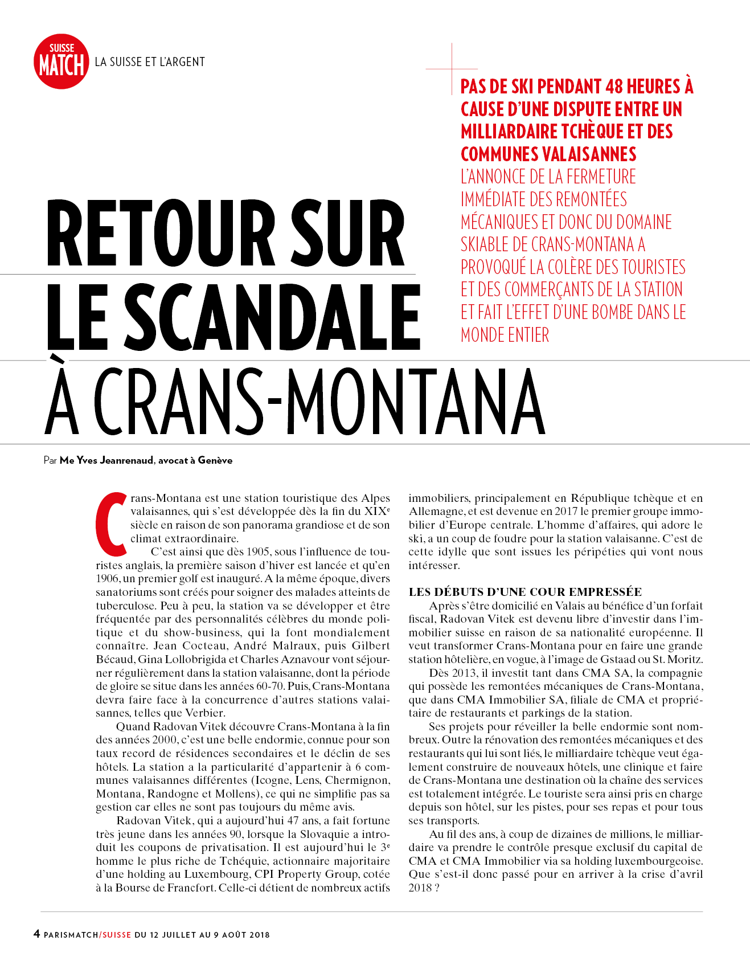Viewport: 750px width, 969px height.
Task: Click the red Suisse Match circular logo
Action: click(62, 62)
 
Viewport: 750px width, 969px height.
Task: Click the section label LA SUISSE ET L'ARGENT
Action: click(150, 62)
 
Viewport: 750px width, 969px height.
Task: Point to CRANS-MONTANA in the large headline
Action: click(319, 402)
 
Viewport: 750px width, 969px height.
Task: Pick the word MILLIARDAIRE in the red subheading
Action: click(510, 132)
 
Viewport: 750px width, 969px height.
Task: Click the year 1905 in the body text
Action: click(259, 552)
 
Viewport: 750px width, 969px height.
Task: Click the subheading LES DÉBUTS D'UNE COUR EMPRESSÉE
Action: click(525, 592)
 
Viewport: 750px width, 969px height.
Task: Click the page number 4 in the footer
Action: click(36, 934)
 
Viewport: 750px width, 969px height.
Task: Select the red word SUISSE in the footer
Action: click(116, 935)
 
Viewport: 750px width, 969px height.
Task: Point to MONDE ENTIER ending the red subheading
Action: click(505, 335)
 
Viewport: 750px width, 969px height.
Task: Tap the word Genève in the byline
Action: click(215, 460)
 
